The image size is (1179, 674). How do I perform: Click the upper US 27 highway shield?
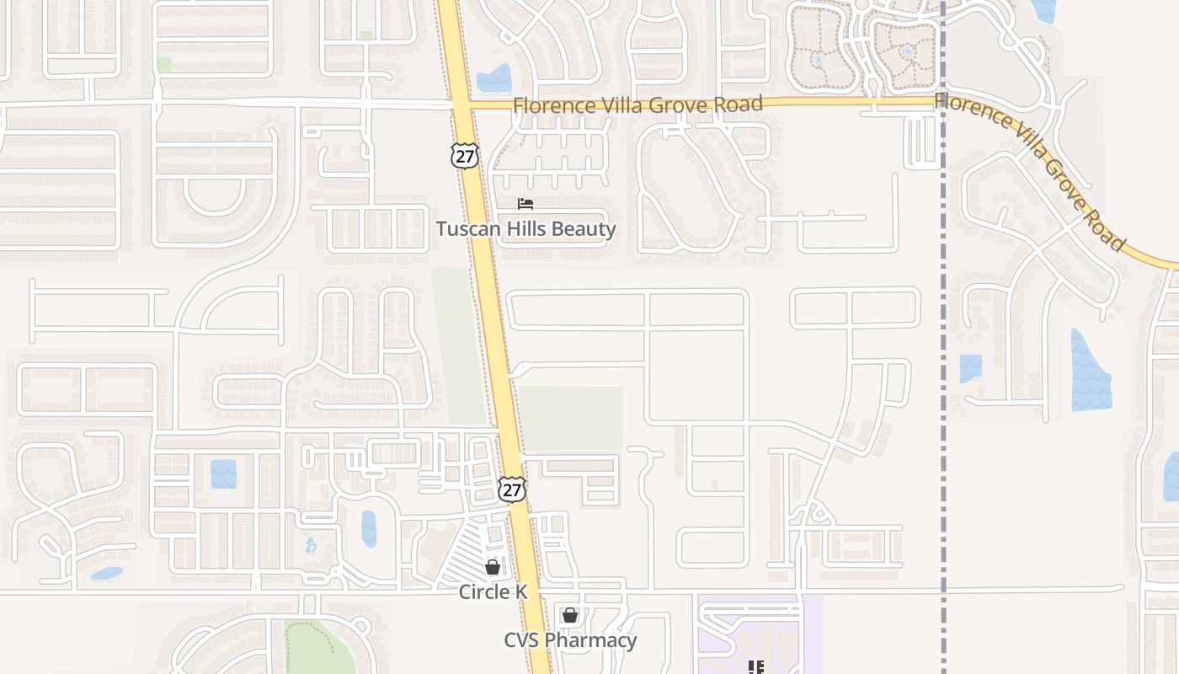point(464,154)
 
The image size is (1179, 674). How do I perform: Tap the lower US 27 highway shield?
point(511,489)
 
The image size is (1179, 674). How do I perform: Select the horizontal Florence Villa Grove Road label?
point(638,104)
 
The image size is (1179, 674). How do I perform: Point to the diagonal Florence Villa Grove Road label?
point(1031,168)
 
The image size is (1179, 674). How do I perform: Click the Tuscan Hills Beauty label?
point(525,229)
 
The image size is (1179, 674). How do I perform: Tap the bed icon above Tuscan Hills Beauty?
point(525,204)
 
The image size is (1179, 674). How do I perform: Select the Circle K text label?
point(493,592)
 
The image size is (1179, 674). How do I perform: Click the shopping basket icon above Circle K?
point(493,568)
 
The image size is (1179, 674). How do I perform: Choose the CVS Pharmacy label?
point(570,640)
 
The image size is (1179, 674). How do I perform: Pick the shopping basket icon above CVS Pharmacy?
point(570,615)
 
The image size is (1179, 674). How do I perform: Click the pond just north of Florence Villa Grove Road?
point(494,78)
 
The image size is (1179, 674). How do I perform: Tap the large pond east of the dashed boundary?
point(1091,371)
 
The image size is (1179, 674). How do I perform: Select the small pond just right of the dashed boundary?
point(971,368)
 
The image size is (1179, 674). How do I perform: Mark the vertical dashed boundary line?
point(943,337)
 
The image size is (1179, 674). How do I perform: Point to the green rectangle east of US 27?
point(571,418)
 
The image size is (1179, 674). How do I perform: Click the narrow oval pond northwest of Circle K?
point(369,529)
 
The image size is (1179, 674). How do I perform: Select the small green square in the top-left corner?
point(164,64)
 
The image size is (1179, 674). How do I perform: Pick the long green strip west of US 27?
point(459,345)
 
